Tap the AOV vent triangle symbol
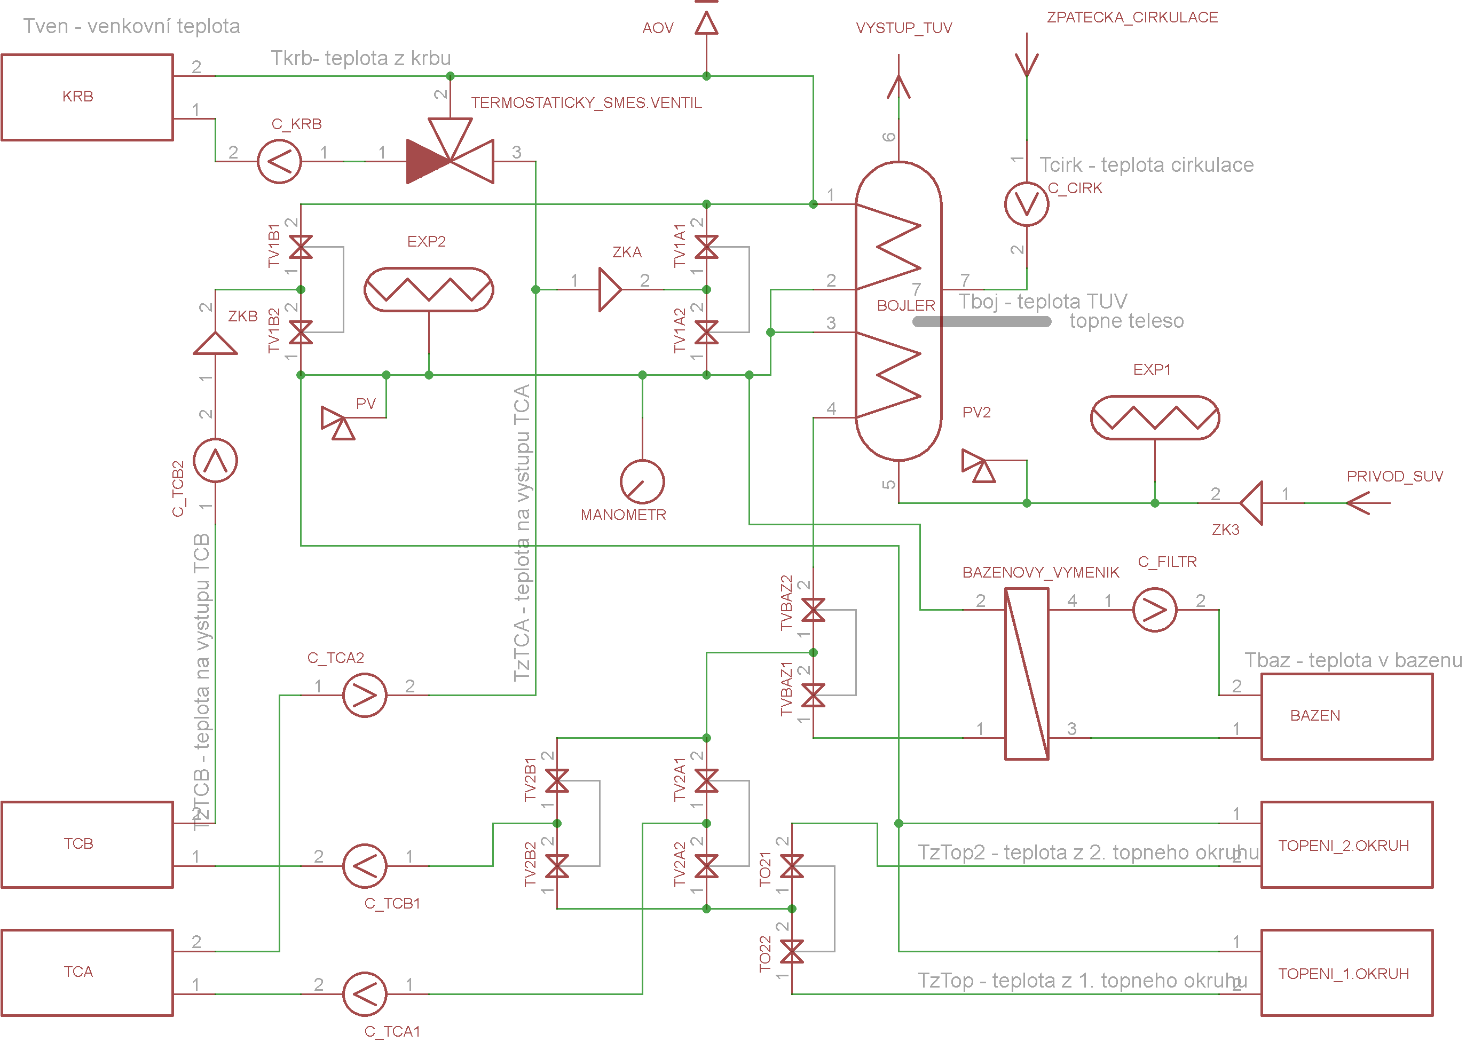(x=706, y=23)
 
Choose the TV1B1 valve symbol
(x=301, y=247)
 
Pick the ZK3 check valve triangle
(x=1251, y=503)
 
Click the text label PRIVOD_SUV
(x=1394, y=476)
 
